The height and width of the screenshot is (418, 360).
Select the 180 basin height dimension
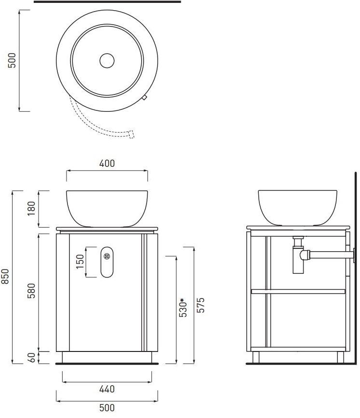point(32,208)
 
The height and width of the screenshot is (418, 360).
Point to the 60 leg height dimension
point(32,358)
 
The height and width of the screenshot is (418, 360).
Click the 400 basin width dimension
point(107,163)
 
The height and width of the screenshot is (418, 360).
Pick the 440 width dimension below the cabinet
point(107,389)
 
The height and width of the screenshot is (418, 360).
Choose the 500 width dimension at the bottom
point(107,408)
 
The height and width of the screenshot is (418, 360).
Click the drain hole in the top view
point(107,60)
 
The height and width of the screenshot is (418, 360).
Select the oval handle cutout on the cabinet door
point(107,262)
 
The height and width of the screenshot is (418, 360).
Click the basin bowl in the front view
point(107,207)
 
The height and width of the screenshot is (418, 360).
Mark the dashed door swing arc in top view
point(92,124)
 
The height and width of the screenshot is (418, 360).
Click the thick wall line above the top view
point(107,2)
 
